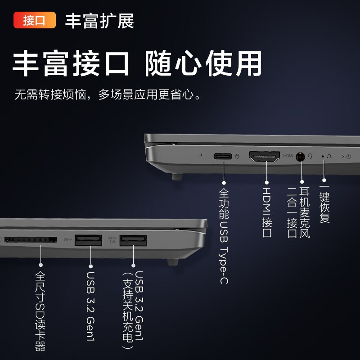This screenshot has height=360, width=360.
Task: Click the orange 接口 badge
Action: point(35,20)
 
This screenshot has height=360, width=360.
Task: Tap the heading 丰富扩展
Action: point(99,21)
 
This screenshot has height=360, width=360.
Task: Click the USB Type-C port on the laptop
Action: point(223,156)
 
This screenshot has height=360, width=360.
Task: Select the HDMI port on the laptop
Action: point(265,156)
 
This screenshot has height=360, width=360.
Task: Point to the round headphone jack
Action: point(300,157)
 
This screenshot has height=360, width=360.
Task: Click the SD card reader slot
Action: point(31,240)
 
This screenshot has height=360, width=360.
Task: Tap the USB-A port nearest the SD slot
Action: point(88,240)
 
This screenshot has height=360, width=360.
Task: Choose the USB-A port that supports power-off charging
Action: point(133,240)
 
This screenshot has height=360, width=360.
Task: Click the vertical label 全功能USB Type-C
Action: point(224,236)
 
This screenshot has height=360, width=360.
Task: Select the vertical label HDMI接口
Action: point(267,212)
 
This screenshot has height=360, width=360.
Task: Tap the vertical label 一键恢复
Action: point(324,204)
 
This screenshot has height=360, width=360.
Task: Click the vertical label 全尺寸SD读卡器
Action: point(40,311)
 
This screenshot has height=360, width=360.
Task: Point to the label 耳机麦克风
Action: point(305,212)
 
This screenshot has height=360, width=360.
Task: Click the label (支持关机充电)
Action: point(127,310)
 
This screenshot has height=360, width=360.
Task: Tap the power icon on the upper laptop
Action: point(348,157)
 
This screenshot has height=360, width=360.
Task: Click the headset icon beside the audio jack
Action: point(310,156)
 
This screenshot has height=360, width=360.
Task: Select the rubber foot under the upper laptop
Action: point(177,176)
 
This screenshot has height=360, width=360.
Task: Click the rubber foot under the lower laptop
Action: point(173,262)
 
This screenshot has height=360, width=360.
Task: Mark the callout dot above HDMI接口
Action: point(266,183)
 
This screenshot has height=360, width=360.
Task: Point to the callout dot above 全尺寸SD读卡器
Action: point(40,265)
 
